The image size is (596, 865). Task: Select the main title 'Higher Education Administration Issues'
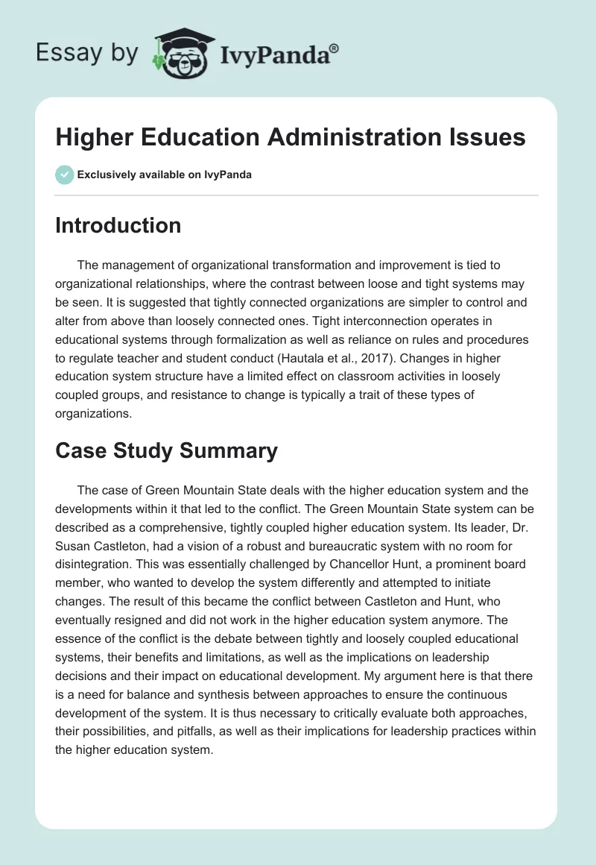tap(291, 137)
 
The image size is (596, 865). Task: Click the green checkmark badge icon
tap(64, 174)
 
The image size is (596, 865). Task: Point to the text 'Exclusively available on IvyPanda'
tap(164, 175)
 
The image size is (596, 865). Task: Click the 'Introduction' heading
tap(118, 225)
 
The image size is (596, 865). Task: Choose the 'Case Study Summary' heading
tap(166, 450)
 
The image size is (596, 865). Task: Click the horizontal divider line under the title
tap(297, 195)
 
